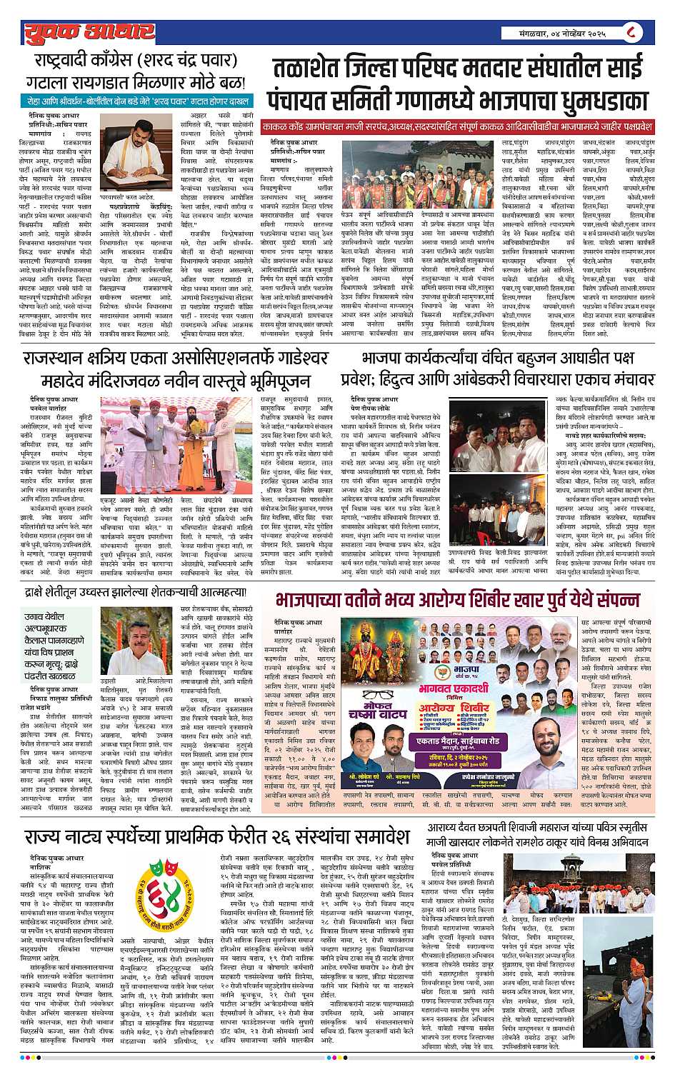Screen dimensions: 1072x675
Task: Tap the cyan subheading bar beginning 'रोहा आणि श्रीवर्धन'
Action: (136, 100)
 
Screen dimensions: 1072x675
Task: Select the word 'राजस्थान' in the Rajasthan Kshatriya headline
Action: (53, 356)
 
